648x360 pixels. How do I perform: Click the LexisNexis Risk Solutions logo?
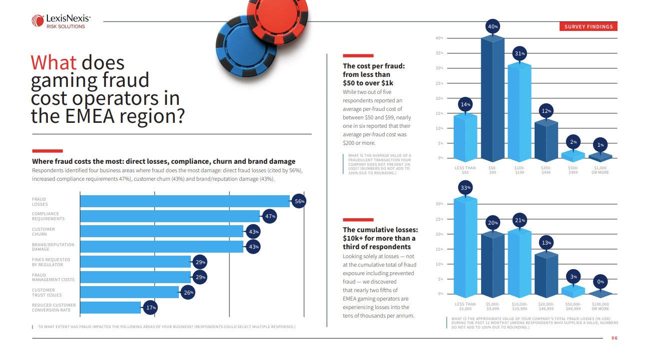coord(61,21)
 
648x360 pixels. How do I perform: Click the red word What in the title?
coord(53,63)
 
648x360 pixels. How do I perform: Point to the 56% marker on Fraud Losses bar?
coord(299,201)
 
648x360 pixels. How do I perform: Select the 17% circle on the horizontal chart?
coord(150,308)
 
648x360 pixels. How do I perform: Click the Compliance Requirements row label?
coord(48,216)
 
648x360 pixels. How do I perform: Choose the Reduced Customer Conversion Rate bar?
coord(110,308)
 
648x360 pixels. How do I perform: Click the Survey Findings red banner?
coord(588,26)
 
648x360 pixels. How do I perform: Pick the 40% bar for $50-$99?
coord(492,100)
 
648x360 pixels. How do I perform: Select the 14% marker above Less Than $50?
coord(465,105)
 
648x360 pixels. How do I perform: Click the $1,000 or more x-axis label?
coord(600,170)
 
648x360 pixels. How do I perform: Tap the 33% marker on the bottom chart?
coord(465,188)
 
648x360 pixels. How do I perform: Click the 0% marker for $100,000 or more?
coord(600,282)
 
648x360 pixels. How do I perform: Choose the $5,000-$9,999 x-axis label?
coord(492,306)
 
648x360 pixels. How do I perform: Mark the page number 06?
coord(615,338)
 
